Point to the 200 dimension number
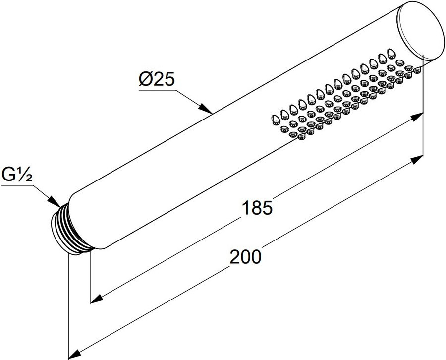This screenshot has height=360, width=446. click(245, 256)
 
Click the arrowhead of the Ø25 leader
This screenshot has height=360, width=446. click(205, 109)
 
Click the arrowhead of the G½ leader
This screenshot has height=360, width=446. click(54, 201)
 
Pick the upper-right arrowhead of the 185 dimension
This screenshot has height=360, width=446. click(416, 117)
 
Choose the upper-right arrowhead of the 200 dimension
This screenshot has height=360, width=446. click(416, 159)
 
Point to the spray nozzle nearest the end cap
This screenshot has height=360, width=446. click(417, 63)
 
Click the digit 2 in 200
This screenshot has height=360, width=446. click(234, 256)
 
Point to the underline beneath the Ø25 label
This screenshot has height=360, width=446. click(157, 90)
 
